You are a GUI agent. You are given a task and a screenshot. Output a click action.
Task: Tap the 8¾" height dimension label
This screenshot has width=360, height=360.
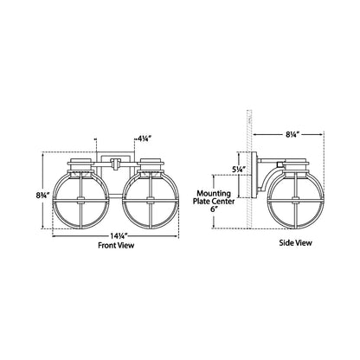(x=43, y=196)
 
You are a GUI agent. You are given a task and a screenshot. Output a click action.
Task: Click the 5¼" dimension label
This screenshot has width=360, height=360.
(x=239, y=170)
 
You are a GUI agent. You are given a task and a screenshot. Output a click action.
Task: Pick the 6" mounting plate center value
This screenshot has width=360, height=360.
(x=214, y=209)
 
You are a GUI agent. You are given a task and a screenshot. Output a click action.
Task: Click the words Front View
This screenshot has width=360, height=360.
(x=116, y=246)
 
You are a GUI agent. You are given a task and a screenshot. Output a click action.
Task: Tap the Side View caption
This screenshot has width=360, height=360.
(x=295, y=243)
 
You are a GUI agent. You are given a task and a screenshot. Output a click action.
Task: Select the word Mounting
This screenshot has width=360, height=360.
(x=214, y=193)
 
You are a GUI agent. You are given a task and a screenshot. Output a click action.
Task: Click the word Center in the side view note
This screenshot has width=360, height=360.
(x=223, y=202)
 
